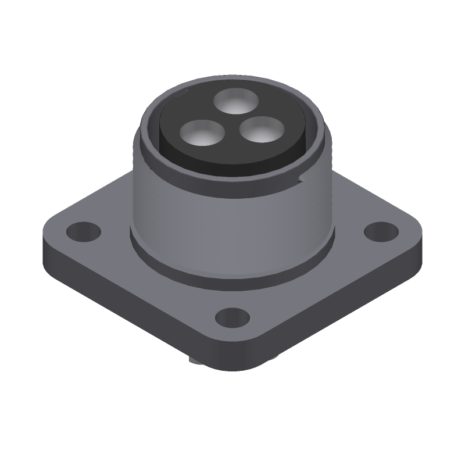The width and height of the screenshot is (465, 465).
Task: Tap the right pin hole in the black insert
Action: tap(259, 131)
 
